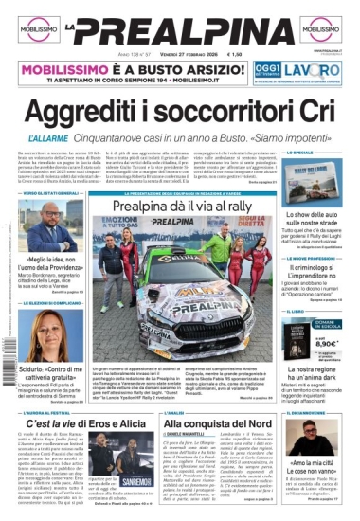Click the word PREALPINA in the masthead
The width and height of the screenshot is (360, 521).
(180, 29)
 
